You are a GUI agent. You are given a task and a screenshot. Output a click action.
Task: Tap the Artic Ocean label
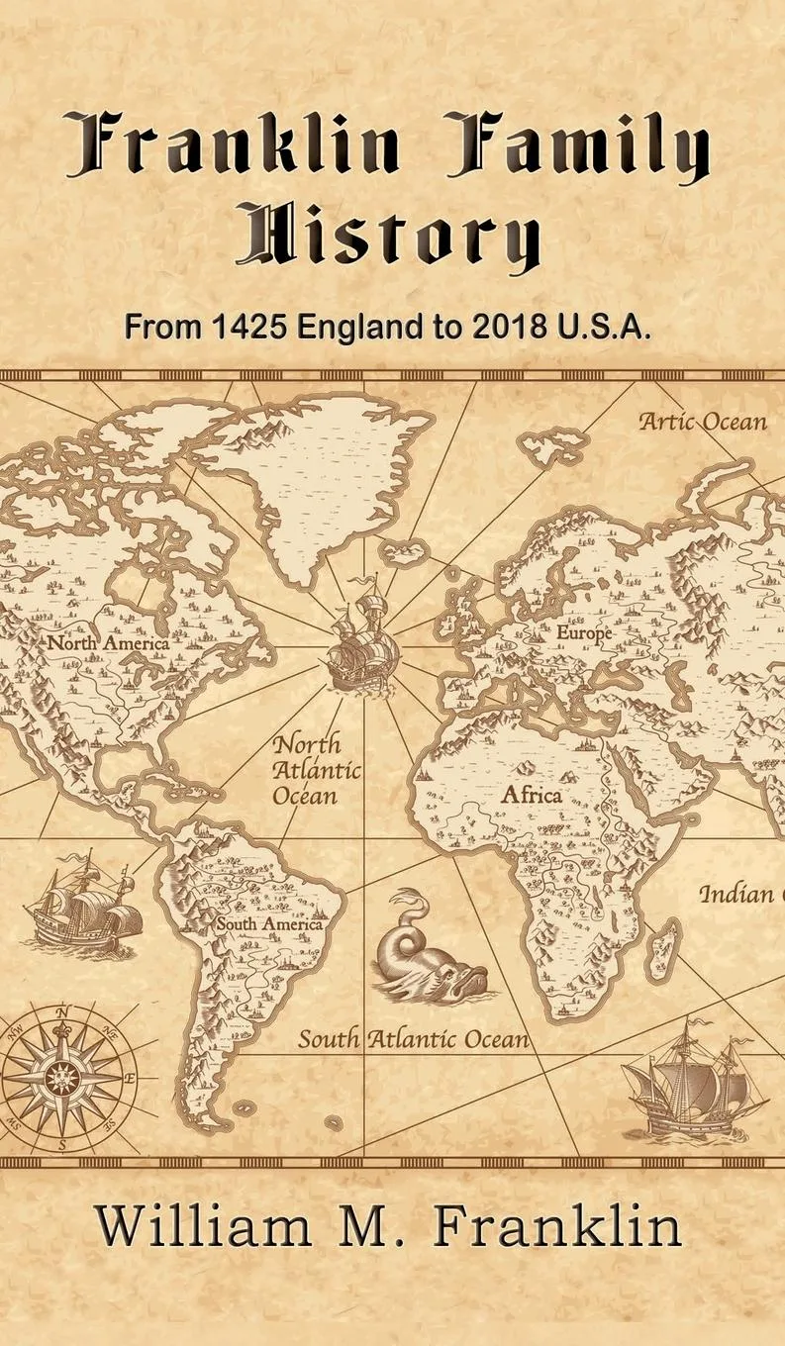click(x=702, y=422)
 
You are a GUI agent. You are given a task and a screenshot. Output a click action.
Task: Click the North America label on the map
click(x=109, y=642)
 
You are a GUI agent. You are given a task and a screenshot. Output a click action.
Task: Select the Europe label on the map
click(x=584, y=632)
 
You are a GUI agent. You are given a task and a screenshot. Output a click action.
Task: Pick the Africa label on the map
click(x=531, y=795)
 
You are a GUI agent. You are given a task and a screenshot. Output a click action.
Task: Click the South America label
click(x=269, y=924)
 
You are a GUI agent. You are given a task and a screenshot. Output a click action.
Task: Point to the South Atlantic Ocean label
click(x=414, y=1039)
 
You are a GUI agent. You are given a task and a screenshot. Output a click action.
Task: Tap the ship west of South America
click(x=84, y=903)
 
